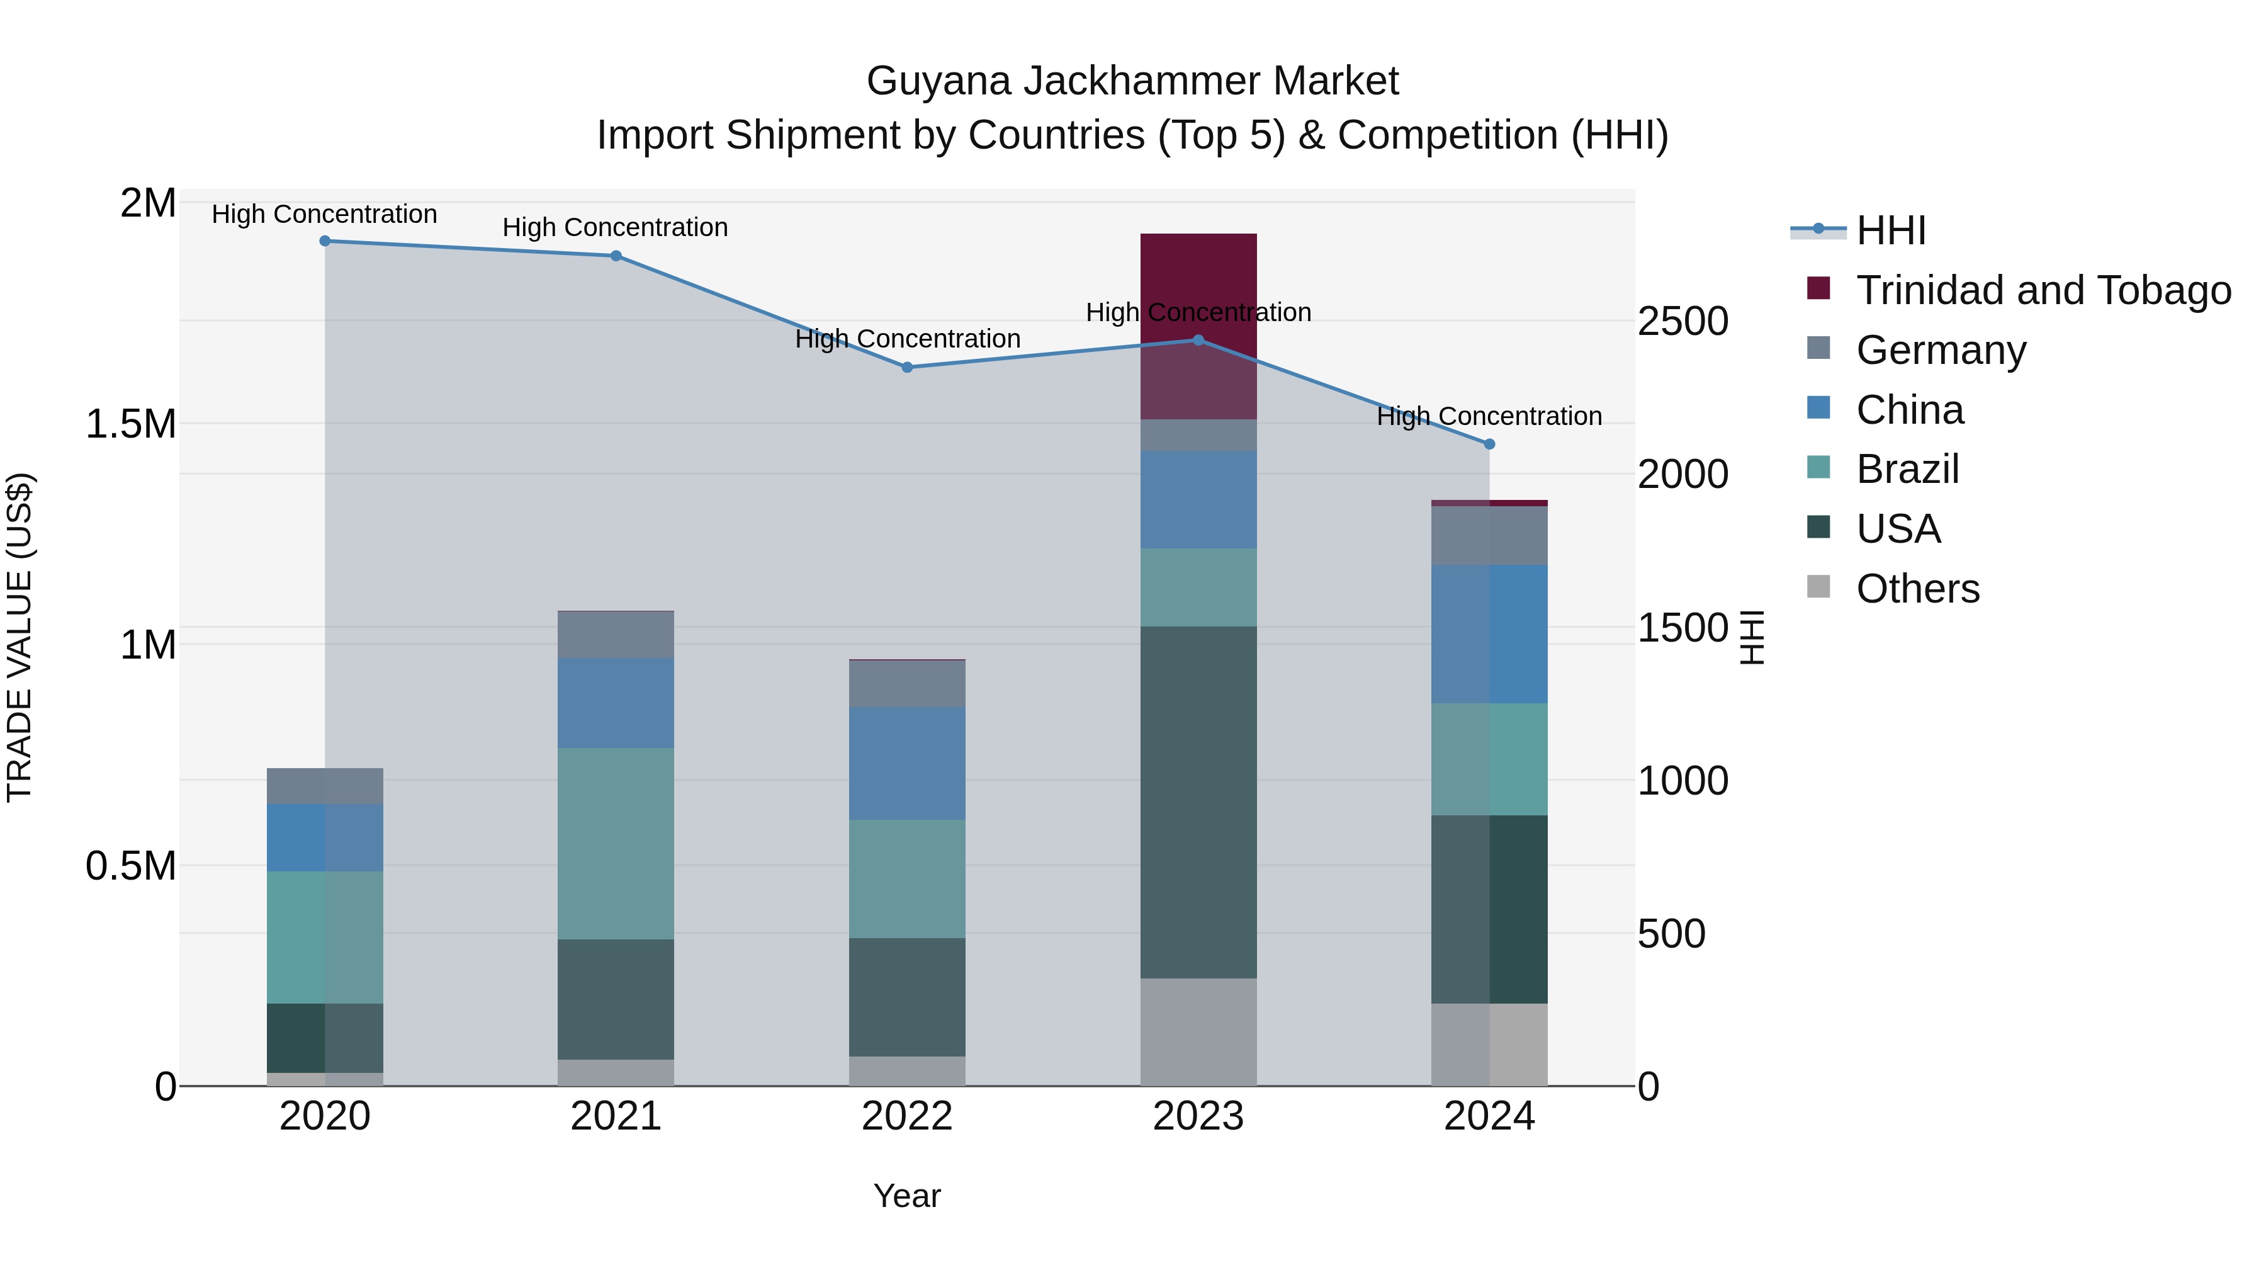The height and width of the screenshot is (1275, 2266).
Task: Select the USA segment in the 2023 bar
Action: pos(1198,802)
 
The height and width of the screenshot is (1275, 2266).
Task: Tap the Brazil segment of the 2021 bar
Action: pos(616,843)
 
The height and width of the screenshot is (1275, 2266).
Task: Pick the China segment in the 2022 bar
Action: pos(907,763)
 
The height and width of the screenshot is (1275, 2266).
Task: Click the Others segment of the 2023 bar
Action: pos(1198,1031)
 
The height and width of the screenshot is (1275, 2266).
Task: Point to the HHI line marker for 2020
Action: pos(325,241)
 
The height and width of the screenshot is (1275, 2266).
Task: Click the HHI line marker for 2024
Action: pos(1489,445)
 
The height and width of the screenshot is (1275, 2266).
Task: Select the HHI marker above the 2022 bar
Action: pos(908,367)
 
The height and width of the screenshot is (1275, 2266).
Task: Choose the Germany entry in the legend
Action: pos(1941,350)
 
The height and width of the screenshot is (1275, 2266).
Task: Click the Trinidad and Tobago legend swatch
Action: pos(1818,288)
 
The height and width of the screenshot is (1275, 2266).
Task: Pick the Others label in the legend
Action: pos(1918,589)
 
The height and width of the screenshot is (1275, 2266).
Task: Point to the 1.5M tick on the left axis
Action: pos(130,424)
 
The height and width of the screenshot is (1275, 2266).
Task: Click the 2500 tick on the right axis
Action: pos(1683,321)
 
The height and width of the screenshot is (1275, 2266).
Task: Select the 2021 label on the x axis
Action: pos(616,1116)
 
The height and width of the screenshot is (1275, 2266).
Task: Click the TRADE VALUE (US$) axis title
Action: pos(20,637)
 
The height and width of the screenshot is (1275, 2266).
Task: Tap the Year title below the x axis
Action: pos(907,1196)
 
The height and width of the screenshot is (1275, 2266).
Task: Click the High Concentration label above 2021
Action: pos(615,227)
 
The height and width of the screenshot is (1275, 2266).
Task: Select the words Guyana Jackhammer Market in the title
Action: pos(1132,81)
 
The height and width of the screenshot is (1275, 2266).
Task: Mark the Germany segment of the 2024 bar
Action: pos(1489,535)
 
